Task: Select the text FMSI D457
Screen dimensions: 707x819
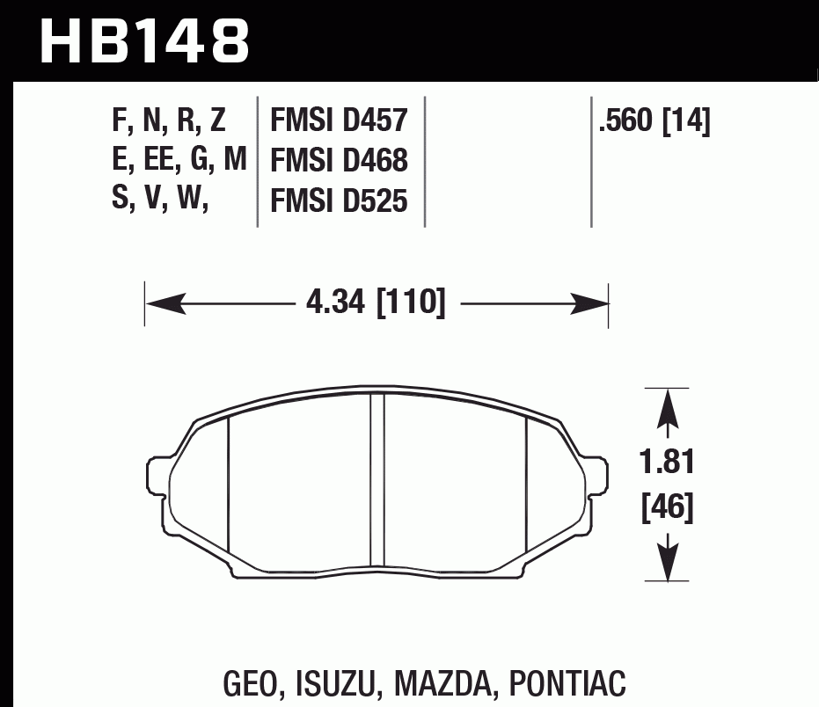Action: [339, 120]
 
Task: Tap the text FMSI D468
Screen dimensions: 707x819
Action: [339, 161]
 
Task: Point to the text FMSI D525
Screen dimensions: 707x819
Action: [339, 201]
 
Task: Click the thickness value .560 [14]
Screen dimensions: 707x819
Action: [654, 120]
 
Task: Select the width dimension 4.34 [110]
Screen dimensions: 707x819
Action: [377, 304]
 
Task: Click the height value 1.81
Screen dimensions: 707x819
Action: [669, 463]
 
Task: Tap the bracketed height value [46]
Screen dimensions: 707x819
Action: [669, 507]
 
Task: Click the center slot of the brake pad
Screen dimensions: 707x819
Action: [377, 479]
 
